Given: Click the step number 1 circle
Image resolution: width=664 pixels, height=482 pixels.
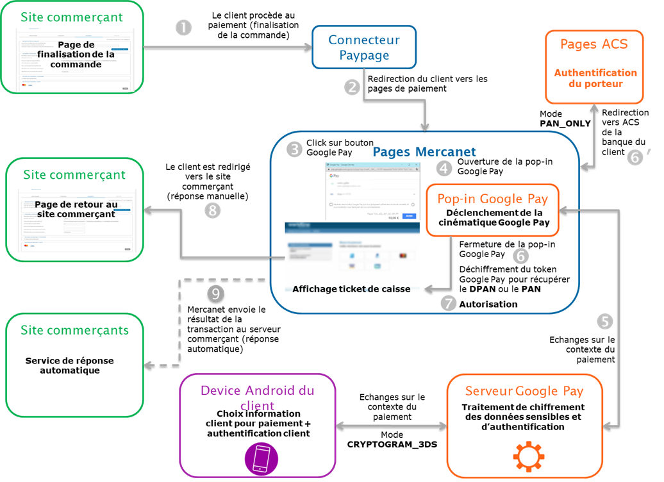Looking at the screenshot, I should click(x=183, y=28).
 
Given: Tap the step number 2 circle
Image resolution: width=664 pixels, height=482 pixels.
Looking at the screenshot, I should click(x=352, y=87).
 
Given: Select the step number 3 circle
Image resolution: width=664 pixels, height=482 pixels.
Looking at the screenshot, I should click(x=294, y=149).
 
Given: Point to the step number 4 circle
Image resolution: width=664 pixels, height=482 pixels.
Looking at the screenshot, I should click(x=445, y=168).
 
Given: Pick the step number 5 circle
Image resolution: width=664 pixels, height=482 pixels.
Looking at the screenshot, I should click(x=604, y=321).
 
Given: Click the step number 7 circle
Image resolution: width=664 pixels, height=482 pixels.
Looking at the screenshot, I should click(x=449, y=303).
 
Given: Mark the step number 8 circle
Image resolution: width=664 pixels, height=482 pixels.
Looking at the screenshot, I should click(x=212, y=210).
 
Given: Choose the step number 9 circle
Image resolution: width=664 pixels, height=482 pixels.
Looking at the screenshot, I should click(x=216, y=294).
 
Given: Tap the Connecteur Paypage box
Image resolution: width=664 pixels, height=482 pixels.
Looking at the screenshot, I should click(x=363, y=47).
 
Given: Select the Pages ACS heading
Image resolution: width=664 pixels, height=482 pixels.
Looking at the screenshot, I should click(x=593, y=44).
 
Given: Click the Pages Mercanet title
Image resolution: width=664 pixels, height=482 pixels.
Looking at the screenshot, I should click(x=424, y=152).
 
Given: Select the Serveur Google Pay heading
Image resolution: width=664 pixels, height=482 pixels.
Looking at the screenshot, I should click(x=524, y=391).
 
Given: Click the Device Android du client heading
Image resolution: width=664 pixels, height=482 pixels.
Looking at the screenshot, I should click(x=258, y=397).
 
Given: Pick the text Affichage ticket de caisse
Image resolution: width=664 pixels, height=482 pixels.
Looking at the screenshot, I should click(x=351, y=289).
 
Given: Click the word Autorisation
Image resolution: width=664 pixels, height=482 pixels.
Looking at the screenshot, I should click(x=488, y=304).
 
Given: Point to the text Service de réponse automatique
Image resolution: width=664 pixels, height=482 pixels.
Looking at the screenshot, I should click(x=69, y=365).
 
